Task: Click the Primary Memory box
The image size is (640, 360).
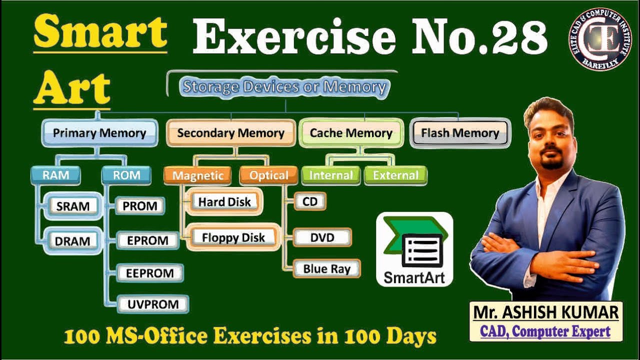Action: click(99, 133)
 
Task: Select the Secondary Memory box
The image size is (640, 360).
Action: click(230, 133)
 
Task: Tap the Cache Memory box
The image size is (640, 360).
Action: click(351, 133)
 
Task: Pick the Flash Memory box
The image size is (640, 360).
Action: click(460, 133)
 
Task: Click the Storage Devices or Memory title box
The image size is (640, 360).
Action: click(284, 87)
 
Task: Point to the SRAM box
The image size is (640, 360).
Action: click(73, 206)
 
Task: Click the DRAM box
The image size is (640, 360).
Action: click(73, 240)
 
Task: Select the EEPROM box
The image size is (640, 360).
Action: click(150, 273)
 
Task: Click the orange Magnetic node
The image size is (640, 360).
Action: click(197, 175)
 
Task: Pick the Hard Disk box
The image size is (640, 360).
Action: click(224, 202)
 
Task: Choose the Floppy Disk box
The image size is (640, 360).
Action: click(233, 237)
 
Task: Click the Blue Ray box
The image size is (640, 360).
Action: click(327, 268)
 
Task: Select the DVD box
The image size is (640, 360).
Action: click(322, 237)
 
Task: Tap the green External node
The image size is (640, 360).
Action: click(395, 175)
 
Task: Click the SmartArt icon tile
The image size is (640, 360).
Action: click(414, 249)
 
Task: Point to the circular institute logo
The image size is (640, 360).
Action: click(600, 39)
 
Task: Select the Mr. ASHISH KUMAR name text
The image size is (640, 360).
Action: click(546, 313)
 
